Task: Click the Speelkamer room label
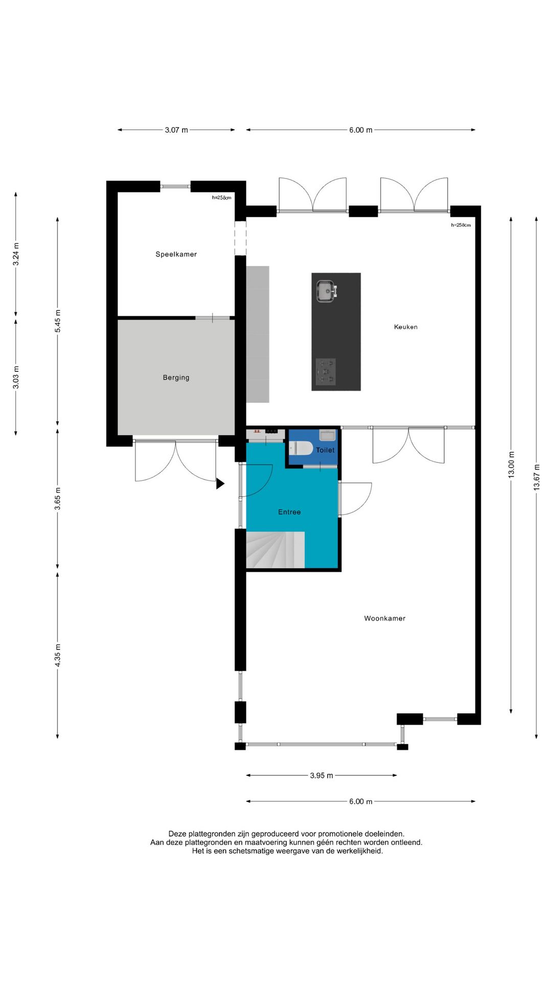click(x=176, y=254)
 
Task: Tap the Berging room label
click(x=176, y=377)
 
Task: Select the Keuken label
click(x=406, y=327)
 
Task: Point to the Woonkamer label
click(x=385, y=618)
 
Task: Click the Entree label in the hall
click(x=289, y=512)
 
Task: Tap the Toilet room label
click(x=325, y=450)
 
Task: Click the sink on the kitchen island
click(x=326, y=291)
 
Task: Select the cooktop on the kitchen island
click(x=326, y=371)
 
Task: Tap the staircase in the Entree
click(x=275, y=550)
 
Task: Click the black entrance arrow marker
click(x=220, y=483)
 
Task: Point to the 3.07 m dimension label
click(x=176, y=130)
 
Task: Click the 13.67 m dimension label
click(x=537, y=477)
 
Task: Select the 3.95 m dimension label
click(x=321, y=775)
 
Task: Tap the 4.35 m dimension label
click(x=58, y=655)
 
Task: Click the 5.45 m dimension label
click(x=58, y=321)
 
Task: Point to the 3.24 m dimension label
click(x=16, y=254)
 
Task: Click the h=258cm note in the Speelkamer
click(x=222, y=197)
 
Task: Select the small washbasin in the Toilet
click(x=327, y=435)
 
